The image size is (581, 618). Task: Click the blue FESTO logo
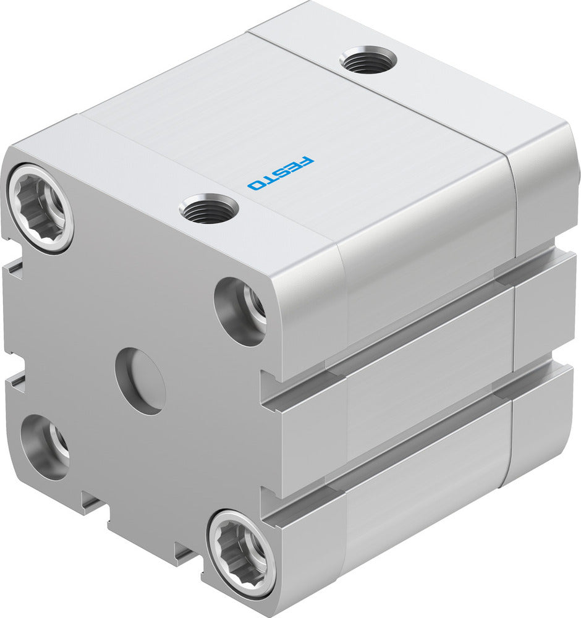pyautogui.click(x=281, y=172)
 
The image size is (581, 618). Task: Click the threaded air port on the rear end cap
pyautogui.click(x=368, y=60)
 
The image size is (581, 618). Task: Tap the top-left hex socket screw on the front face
pyautogui.click(x=41, y=207)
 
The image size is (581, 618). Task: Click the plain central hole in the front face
pyautogui.click(x=140, y=381)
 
